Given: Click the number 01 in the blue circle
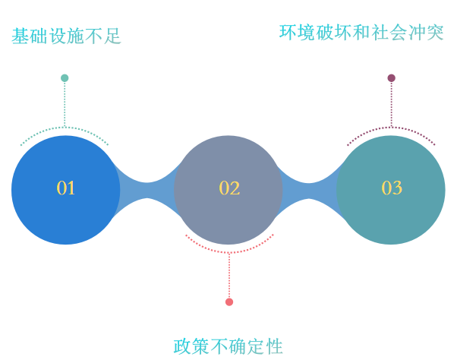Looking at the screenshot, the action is pyautogui.click(x=65, y=188).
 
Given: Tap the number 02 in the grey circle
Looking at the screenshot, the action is pyautogui.click(x=229, y=188).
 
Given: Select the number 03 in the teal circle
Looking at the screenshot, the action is pyautogui.click(x=392, y=188).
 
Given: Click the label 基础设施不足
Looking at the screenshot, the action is pyautogui.click(x=66, y=36).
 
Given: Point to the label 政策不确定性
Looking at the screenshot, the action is pyautogui.click(x=228, y=346).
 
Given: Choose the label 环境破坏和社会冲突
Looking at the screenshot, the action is pyautogui.click(x=361, y=32).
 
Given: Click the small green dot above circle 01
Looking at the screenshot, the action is pyautogui.click(x=65, y=78).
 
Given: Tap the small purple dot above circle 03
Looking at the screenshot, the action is pyautogui.click(x=392, y=78).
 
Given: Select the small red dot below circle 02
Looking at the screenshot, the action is pyautogui.click(x=229, y=302).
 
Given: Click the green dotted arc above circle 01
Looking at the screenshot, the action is pyautogui.click(x=65, y=128).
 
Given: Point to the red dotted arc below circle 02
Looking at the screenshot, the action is pyautogui.click(x=229, y=252).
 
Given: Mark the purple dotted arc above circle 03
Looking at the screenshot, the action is pyautogui.click(x=392, y=128).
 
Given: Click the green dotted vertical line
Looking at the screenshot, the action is pyautogui.click(x=65, y=104).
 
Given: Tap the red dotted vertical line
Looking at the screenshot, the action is pyautogui.click(x=229, y=276).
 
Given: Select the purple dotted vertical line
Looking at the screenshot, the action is pyautogui.click(x=392, y=104).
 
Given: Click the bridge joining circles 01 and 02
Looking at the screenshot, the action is pyautogui.click(x=147, y=191).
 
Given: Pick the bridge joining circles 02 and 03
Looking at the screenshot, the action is pyautogui.click(x=309, y=191).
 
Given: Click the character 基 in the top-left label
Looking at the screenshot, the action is pyautogui.click(x=20, y=36).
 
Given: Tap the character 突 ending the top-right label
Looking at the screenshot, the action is pyautogui.click(x=435, y=32).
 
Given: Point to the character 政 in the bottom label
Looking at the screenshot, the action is pyautogui.click(x=182, y=346).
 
